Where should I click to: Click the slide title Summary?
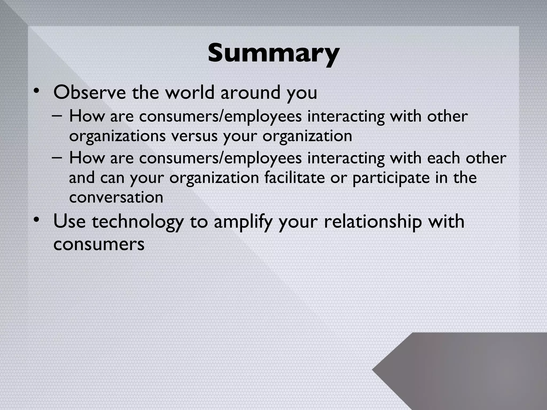pyautogui.click(x=273, y=54)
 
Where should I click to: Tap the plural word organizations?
pyautogui.click(x=117, y=136)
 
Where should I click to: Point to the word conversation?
pyautogui.click(x=116, y=197)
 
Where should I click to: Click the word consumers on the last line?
pyautogui.click(x=99, y=244)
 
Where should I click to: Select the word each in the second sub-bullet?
pyautogui.click(x=443, y=158)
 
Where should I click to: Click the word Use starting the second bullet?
pyautogui.click(x=69, y=222)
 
